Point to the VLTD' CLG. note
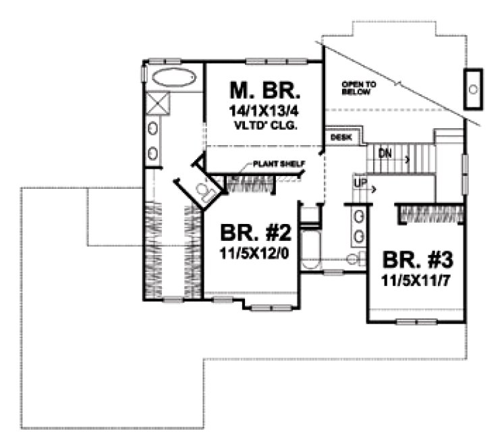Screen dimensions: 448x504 264,125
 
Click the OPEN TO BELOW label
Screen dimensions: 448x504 356,88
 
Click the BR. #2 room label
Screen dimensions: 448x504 256,234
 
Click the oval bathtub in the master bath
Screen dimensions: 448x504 171,77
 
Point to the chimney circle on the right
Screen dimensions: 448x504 474,89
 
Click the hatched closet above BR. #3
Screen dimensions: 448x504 430,213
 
